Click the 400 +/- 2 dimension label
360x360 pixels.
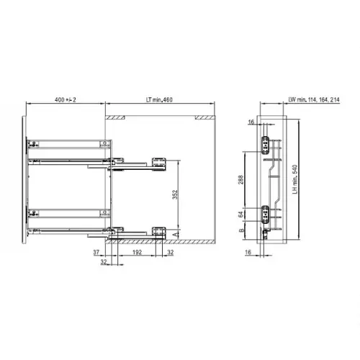coord(66,99)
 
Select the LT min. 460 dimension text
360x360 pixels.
coord(159,99)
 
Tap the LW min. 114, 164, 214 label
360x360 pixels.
coord(314,99)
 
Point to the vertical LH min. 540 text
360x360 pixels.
coord(295,179)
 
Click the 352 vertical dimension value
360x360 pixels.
coord(175,194)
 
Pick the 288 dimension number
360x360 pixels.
coord(240,180)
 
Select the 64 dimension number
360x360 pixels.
coord(240,215)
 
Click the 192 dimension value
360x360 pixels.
coord(137,252)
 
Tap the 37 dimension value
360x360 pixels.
coord(96,252)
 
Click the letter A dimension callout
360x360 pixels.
coord(176,234)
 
